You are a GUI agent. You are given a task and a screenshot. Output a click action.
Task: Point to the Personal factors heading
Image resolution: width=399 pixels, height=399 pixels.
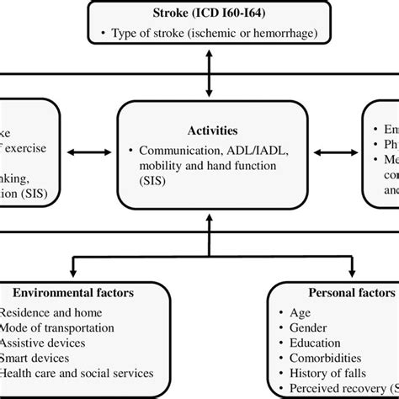tap(341, 292)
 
